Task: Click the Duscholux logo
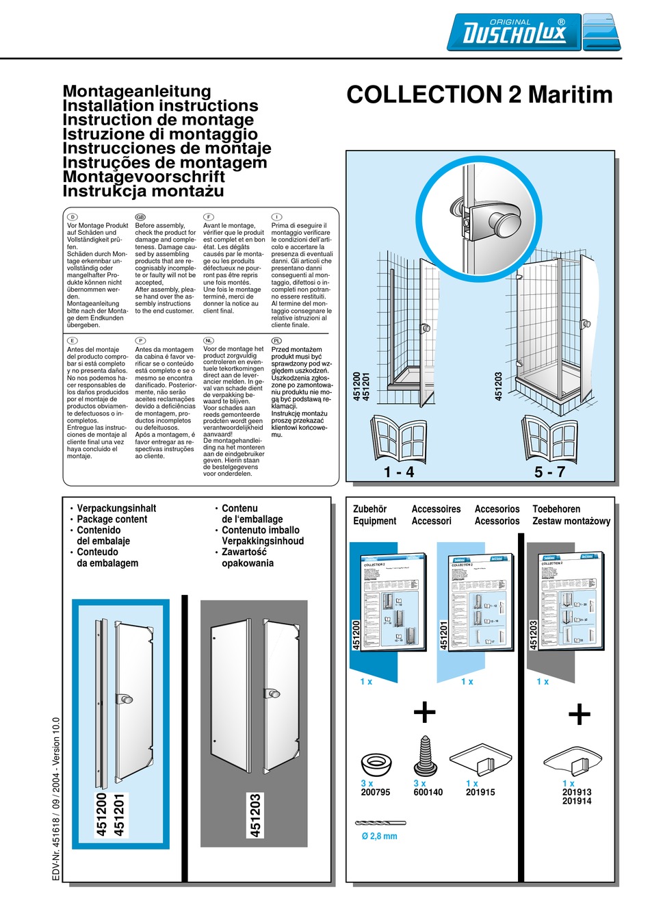tap(534, 32)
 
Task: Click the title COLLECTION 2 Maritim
tap(479, 94)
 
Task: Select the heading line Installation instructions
tap(160, 105)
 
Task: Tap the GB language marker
tap(140, 217)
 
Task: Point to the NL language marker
tap(209, 340)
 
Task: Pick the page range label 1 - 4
tap(399, 472)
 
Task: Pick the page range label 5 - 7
tap(549, 472)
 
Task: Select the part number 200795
tap(375, 792)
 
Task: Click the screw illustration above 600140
tap(426, 756)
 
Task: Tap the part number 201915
tap(480, 792)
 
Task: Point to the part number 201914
tap(577, 801)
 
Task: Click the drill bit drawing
tap(380, 823)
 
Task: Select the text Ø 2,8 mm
tap(379, 836)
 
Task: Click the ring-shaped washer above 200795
tap(376, 763)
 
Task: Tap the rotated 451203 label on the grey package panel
tap(255, 815)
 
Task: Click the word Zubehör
tap(369, 509)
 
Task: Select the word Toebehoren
tap(556, 509)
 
